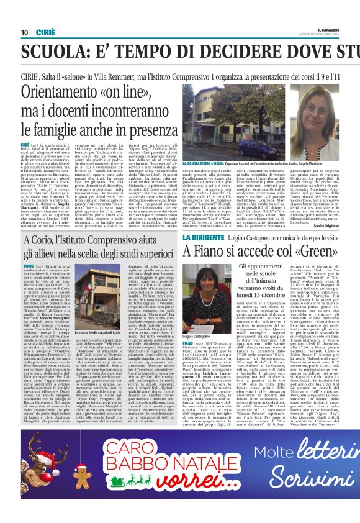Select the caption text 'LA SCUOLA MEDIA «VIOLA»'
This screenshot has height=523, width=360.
[x=187, y=162]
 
